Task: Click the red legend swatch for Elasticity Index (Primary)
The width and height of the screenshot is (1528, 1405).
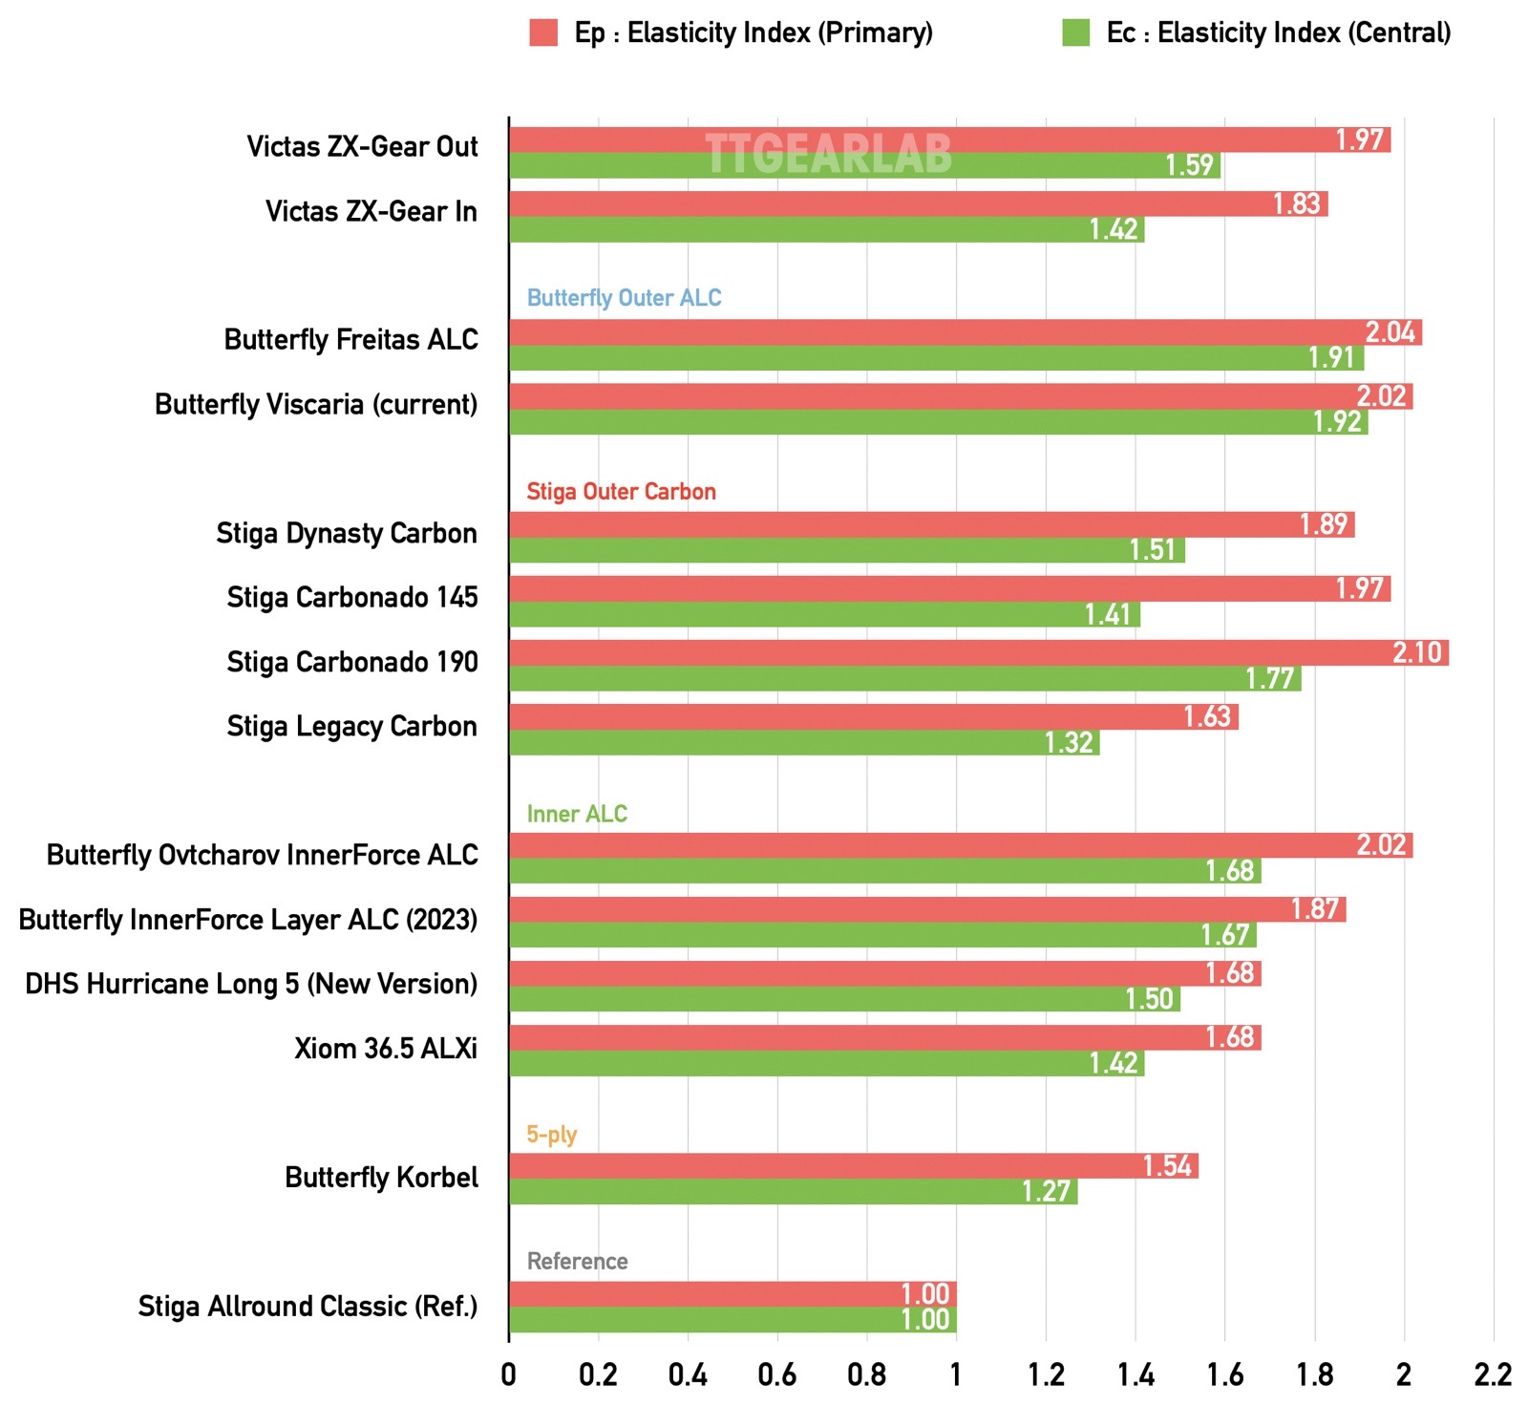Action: click(543, 32)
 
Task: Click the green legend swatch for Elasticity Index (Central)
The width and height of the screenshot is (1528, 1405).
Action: click(1075, 32)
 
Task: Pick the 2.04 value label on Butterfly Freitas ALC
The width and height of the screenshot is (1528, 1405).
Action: click(1390, 332)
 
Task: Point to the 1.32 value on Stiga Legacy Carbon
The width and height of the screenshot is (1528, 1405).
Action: click(1068, 743)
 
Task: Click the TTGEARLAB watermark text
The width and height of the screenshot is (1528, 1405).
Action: click(828, 154)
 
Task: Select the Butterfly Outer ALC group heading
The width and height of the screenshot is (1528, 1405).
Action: click(624, 298)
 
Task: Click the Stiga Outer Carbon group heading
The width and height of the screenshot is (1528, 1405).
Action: click(621, 492)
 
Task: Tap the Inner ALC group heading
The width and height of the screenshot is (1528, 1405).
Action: click(577, 814)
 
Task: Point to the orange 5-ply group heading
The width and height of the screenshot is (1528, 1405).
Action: click(551, 1135)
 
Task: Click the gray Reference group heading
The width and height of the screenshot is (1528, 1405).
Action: click(577, 1262)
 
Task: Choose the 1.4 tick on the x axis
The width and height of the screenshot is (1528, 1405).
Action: click(1135, 1374)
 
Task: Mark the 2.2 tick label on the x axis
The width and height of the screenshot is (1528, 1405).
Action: click(1493, 1374)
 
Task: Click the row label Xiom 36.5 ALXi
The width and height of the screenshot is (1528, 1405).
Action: click(385, 1049)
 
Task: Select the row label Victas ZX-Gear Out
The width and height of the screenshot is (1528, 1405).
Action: click(362, 147)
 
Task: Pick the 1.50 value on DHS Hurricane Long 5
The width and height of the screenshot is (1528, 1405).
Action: click(1149, 1000)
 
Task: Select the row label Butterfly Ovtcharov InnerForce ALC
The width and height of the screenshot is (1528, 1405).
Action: click(262, 855)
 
